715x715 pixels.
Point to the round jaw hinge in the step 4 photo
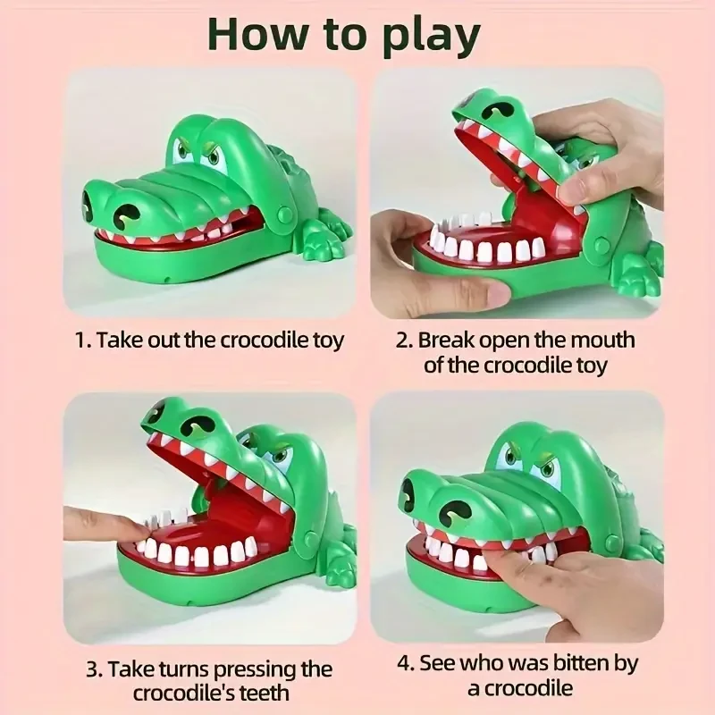611,542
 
